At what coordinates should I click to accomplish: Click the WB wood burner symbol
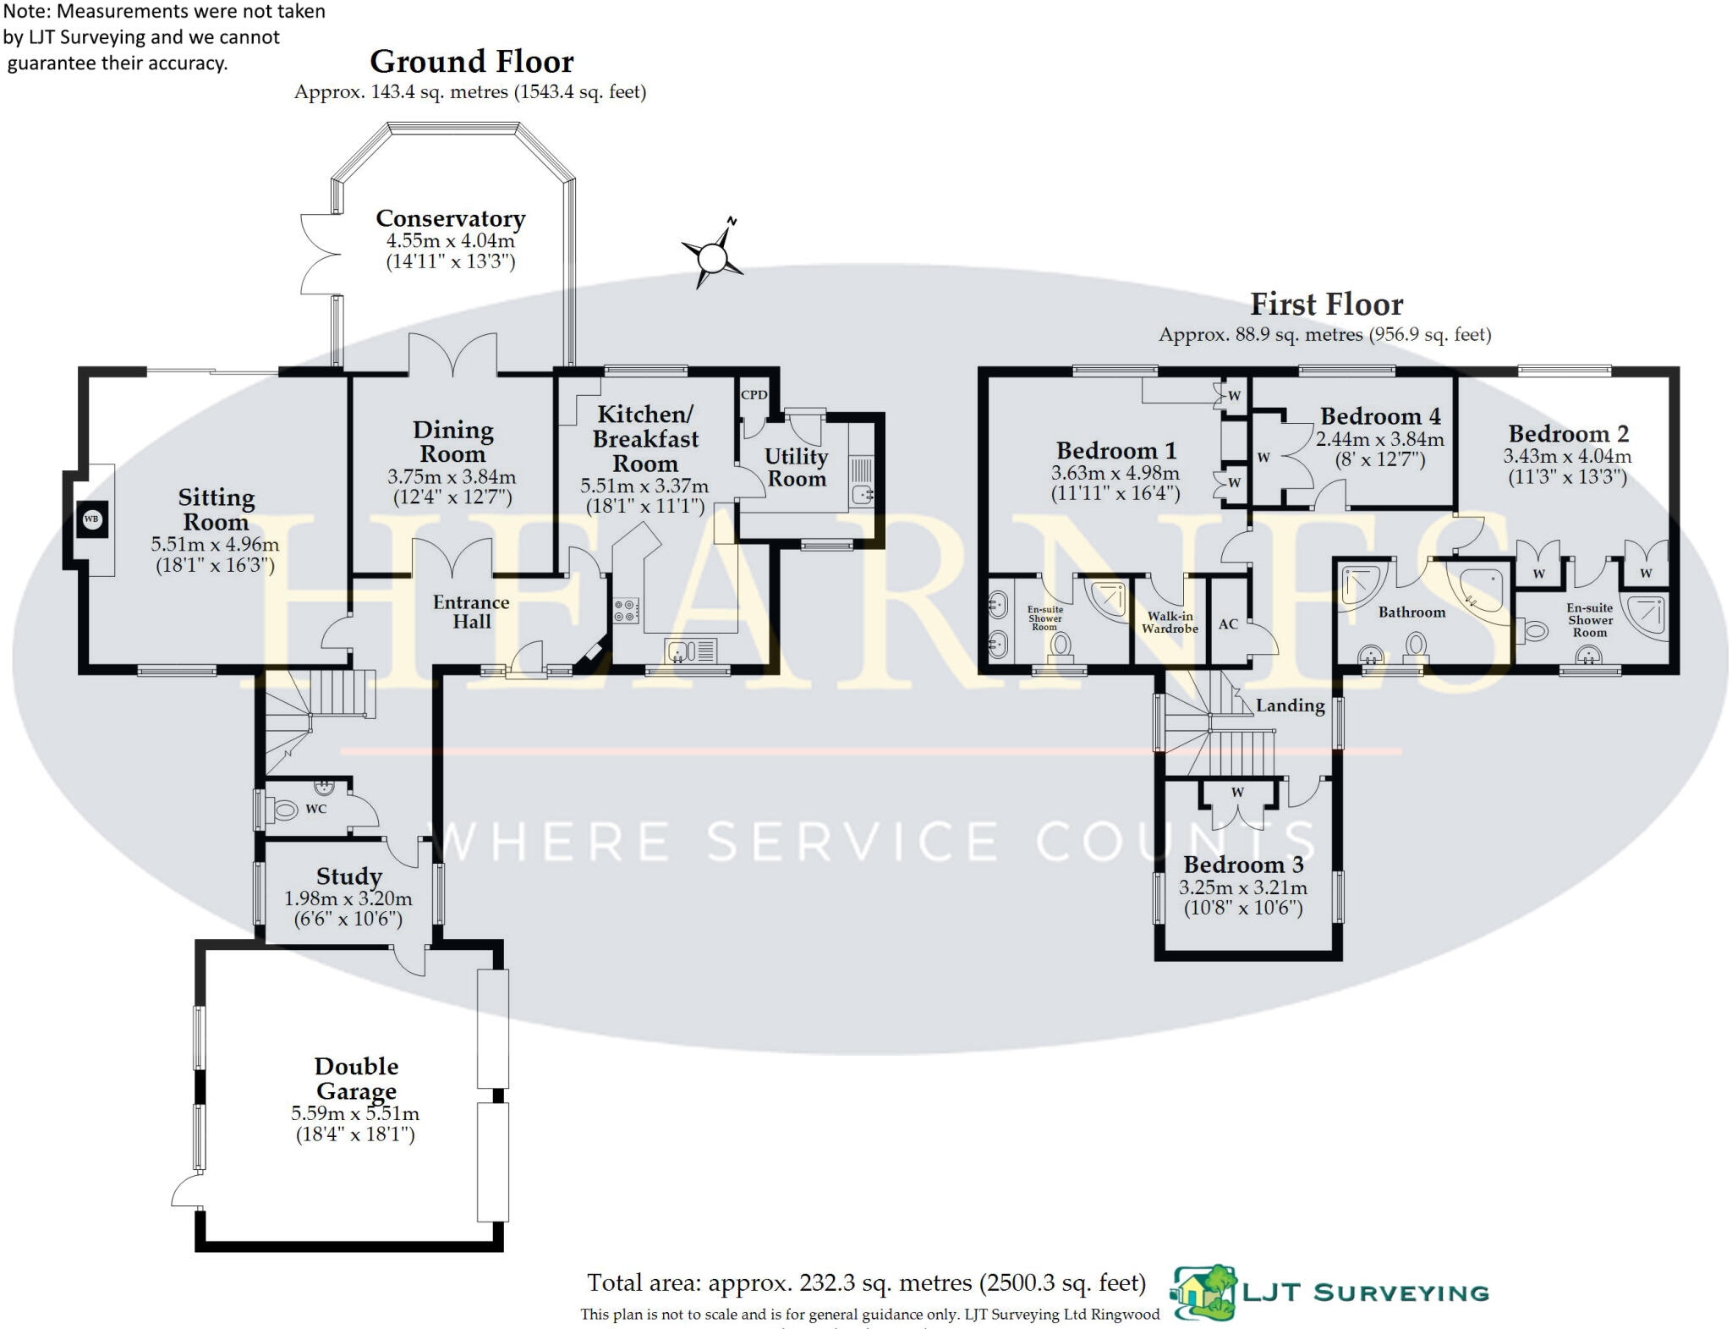point(91,519)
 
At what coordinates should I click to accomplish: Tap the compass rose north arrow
point(714,255)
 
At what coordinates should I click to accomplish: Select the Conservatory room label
point(450,218)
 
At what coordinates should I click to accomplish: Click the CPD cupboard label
point(754,395)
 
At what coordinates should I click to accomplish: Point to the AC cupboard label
point(1228,624)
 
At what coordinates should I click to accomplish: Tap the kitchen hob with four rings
point(627,611)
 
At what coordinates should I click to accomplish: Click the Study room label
point(348,876)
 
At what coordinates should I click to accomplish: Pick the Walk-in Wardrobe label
point(1170,623)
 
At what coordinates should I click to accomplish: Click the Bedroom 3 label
point(1242,865)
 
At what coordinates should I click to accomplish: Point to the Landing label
point(1290,706)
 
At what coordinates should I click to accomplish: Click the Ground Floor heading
point(471,62)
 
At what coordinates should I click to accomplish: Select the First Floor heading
point(1326,304)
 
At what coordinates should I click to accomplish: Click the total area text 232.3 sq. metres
point(866,1283)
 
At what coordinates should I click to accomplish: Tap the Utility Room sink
point(862,495)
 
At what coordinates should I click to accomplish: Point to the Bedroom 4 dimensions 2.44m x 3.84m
point(1379,440)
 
